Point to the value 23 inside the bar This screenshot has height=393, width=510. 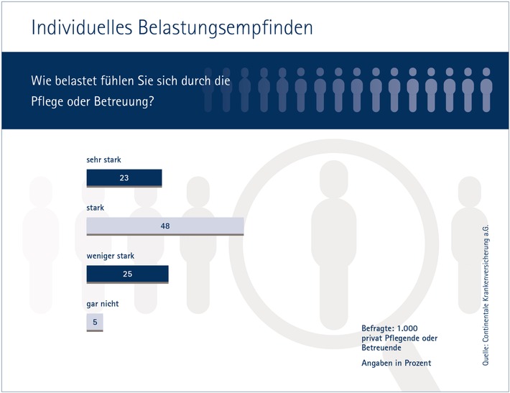click(x=124, y=177)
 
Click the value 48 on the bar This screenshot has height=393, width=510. click(x=165, y=226)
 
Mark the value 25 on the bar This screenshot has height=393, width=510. click(x=127, y=274)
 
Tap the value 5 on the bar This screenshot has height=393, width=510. click(x=94, y=322)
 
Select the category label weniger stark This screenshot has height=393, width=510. click(x=110, y=255)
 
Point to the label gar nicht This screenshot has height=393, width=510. click(x=102, y=303)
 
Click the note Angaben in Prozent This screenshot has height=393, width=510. click(x=396, y=363)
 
